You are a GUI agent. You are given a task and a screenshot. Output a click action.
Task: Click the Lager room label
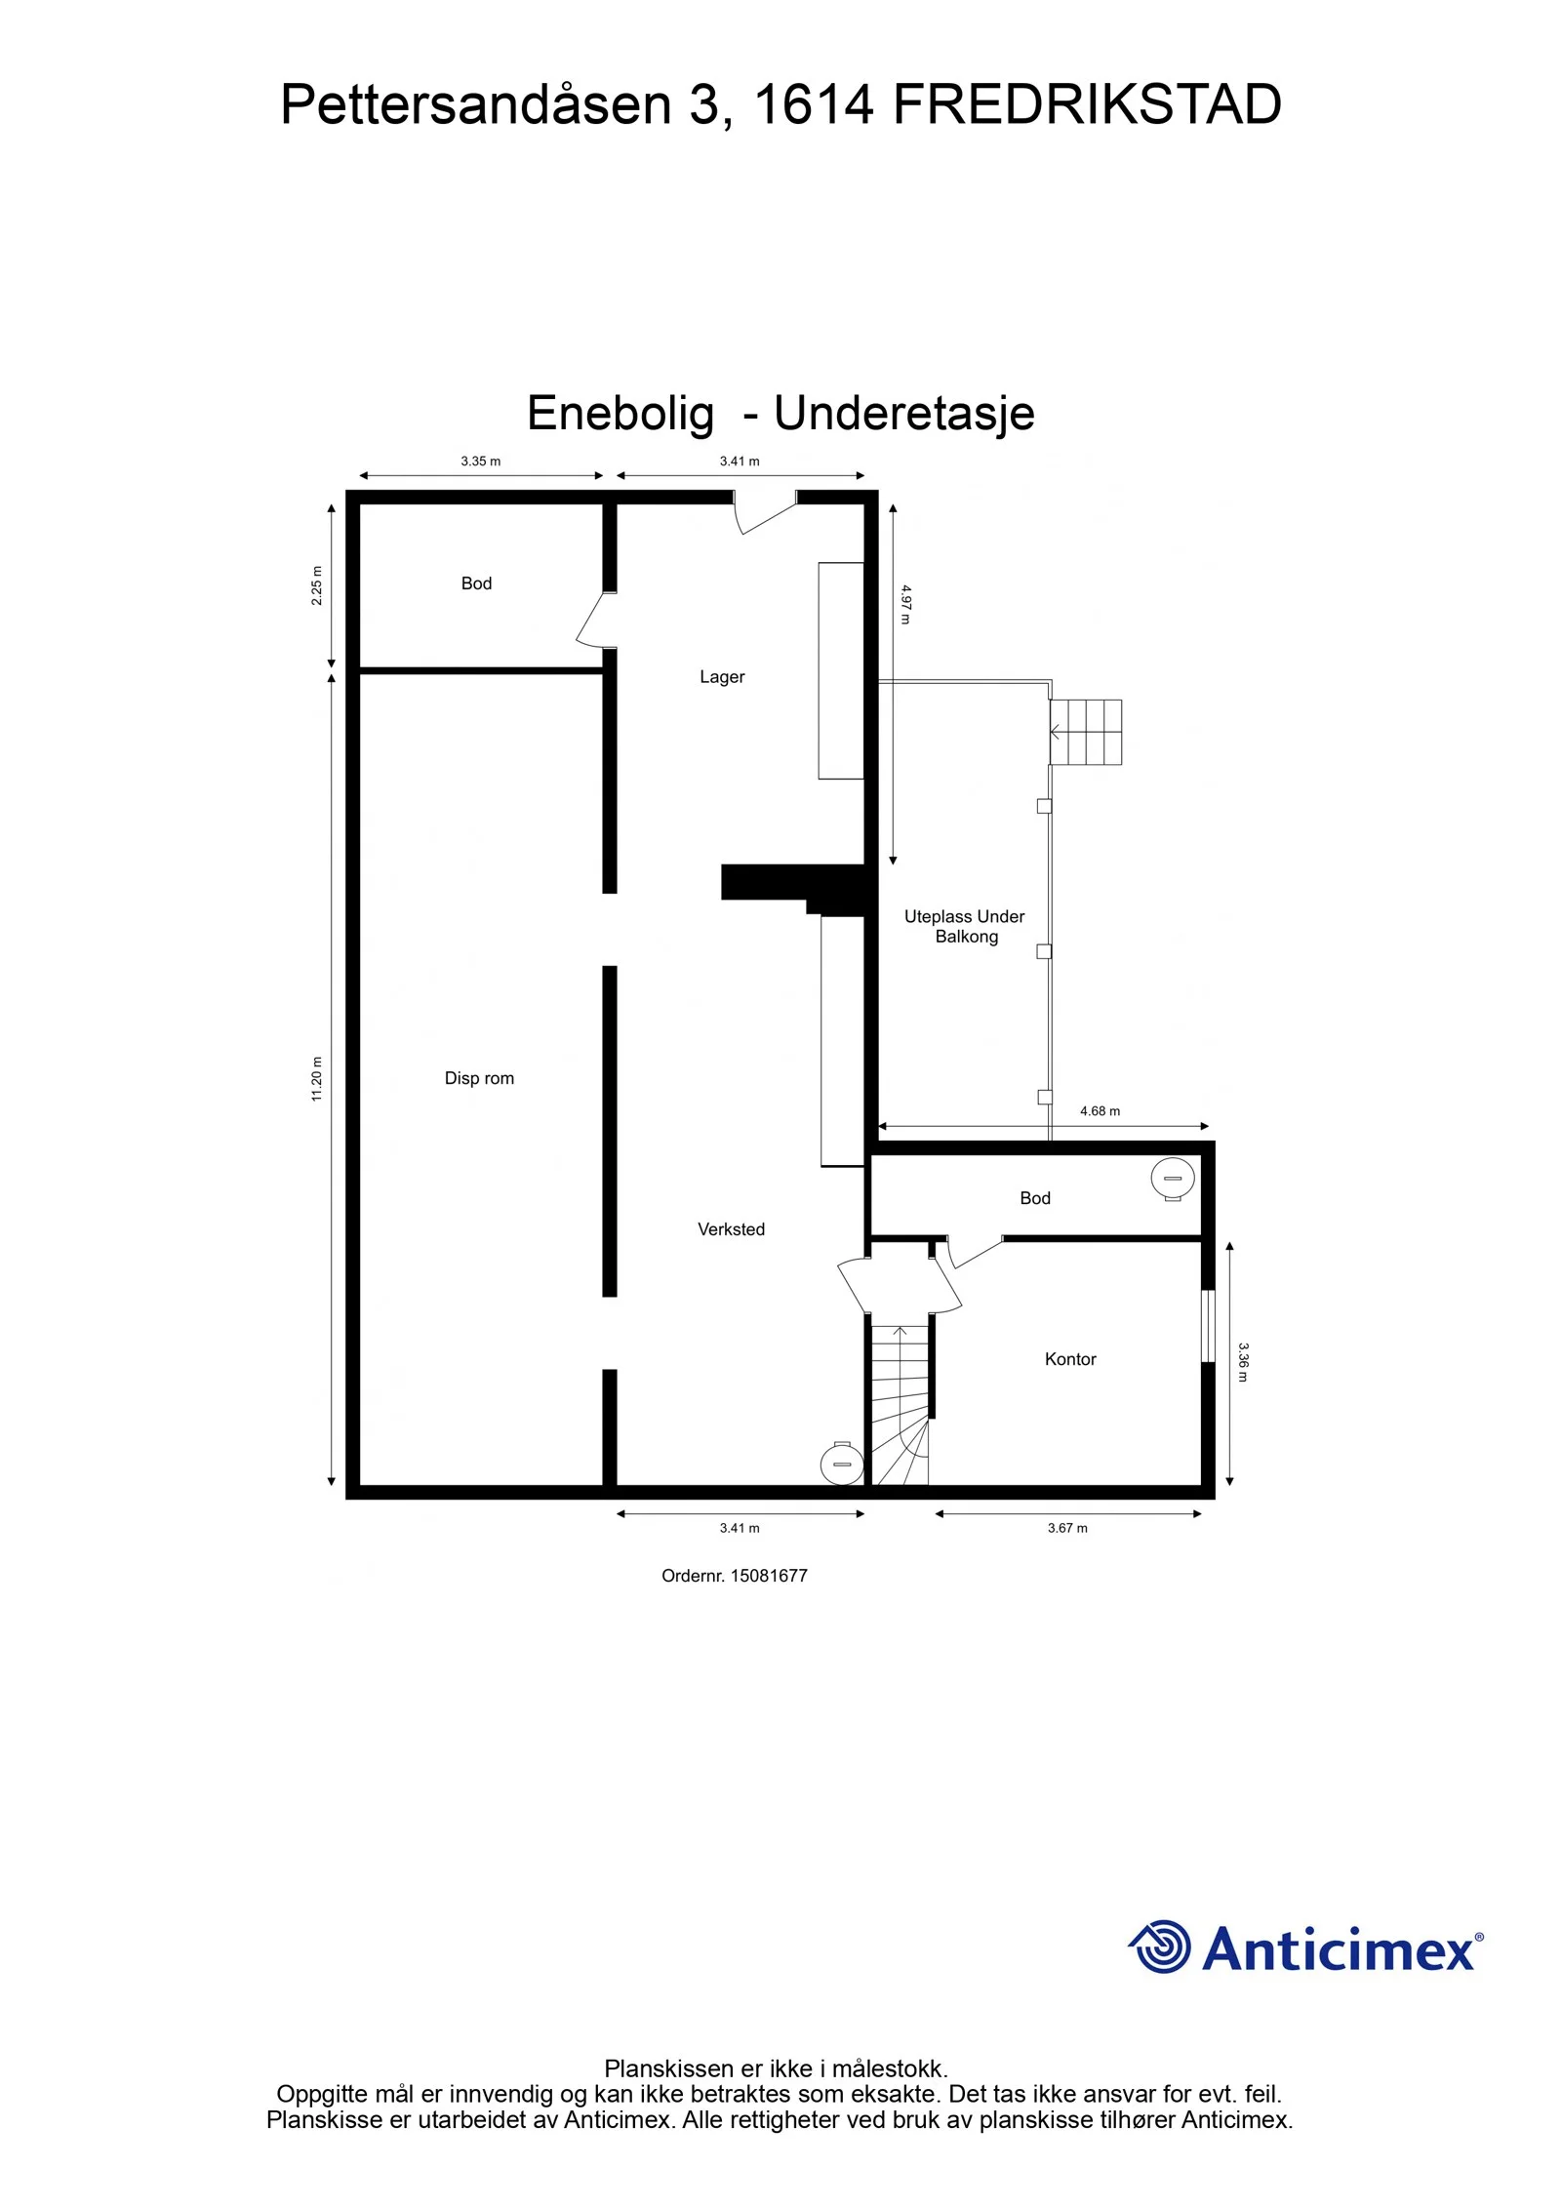[722, 677]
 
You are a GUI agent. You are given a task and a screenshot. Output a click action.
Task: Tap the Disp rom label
[479, 1078]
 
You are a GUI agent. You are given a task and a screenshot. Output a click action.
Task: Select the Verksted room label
[731, 1229]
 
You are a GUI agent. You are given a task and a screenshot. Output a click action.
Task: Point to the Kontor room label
[1070, 1359]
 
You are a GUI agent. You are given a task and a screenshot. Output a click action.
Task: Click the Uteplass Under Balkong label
[965, 926]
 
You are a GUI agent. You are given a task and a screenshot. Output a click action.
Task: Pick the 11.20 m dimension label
[316, 1079]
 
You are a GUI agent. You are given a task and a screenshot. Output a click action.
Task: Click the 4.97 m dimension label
[905, 605]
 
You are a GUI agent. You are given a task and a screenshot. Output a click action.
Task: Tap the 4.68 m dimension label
[1100, 1111]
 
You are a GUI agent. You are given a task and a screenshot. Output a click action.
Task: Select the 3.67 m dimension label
[1067, 1528]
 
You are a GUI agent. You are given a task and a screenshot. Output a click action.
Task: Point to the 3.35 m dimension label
[480, 462]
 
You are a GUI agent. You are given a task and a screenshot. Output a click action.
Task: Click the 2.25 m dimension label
[316, 585]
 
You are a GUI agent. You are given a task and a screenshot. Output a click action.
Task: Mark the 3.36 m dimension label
[1243, 1362]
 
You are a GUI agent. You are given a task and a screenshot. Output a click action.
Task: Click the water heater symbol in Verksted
[841, 1464]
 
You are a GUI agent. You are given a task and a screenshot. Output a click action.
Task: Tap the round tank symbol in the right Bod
[1173, 1179]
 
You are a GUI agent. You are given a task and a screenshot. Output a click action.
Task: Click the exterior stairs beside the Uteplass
[1086, 732]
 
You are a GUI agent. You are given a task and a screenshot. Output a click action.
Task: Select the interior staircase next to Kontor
[900, 1406]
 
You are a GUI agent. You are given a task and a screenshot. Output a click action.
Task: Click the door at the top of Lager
[765, 512]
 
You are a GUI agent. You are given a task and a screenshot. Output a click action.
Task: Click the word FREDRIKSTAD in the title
[1087, 104]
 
